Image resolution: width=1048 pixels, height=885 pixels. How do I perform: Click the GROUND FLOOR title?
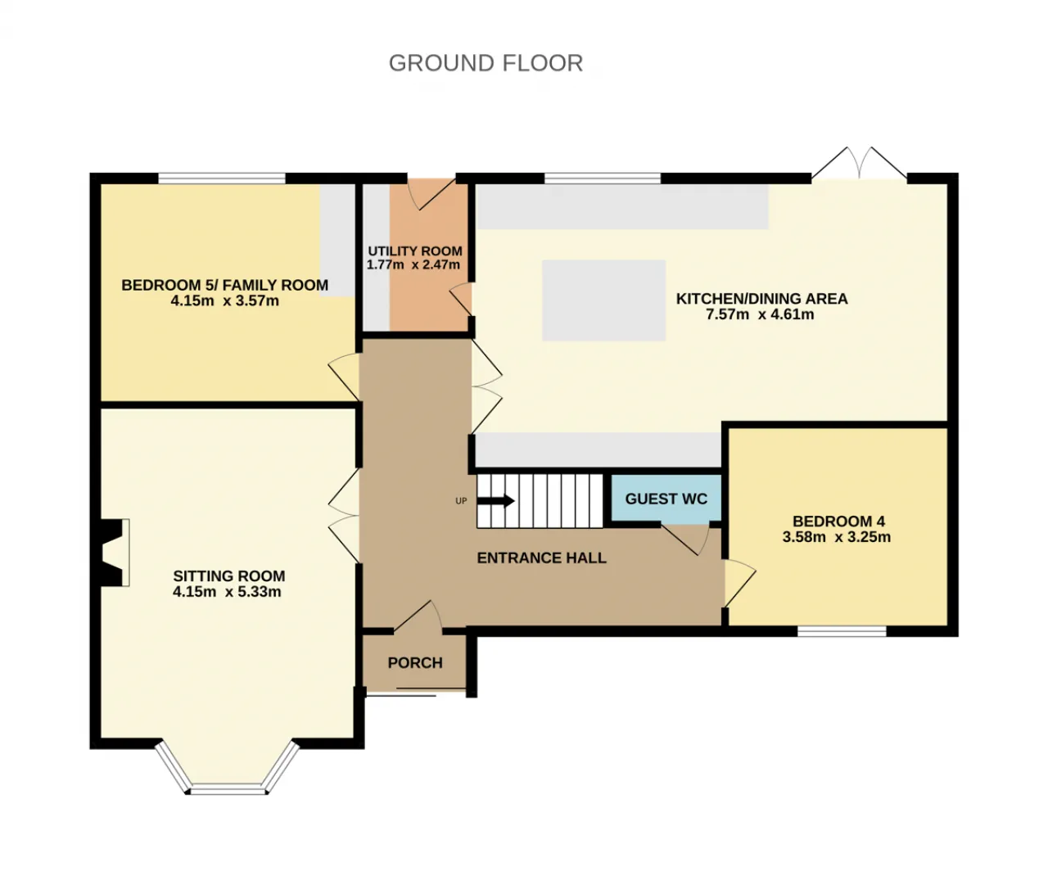(x=486, y=63)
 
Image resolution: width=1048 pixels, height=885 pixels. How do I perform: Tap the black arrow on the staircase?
(x=495, y=501)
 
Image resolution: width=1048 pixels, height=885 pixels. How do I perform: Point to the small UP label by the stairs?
(x=461, y=501)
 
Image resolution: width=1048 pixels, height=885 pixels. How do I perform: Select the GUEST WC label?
(x=666, y=499)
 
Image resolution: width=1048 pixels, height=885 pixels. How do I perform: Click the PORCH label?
(x=415, y=662)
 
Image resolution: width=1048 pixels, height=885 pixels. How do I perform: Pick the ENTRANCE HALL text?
(x=541, y=558)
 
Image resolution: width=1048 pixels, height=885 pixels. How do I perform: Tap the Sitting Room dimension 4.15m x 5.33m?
(x=227, y=591)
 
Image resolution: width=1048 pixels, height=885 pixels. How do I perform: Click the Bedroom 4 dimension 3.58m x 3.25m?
(x=836, y=537)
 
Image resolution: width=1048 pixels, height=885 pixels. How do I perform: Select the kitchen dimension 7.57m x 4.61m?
(x=760, y=314)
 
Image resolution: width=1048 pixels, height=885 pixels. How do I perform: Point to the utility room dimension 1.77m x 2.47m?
(x=413, y=264)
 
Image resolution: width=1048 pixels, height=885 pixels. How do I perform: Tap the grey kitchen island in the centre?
(x=603, y=300)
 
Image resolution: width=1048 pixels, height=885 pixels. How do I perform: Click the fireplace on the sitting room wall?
(x=115, y=552)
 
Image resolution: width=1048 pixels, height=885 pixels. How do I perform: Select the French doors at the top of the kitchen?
(x=860, y=164)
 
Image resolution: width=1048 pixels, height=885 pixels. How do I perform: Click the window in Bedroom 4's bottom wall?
(x=842, y=631)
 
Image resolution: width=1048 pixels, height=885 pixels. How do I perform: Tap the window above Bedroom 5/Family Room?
(x=222, y=178)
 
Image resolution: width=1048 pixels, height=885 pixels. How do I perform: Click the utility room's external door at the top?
(x=431, y=194)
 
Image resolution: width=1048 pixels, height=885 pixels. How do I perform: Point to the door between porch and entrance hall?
(x=418, y=616)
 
